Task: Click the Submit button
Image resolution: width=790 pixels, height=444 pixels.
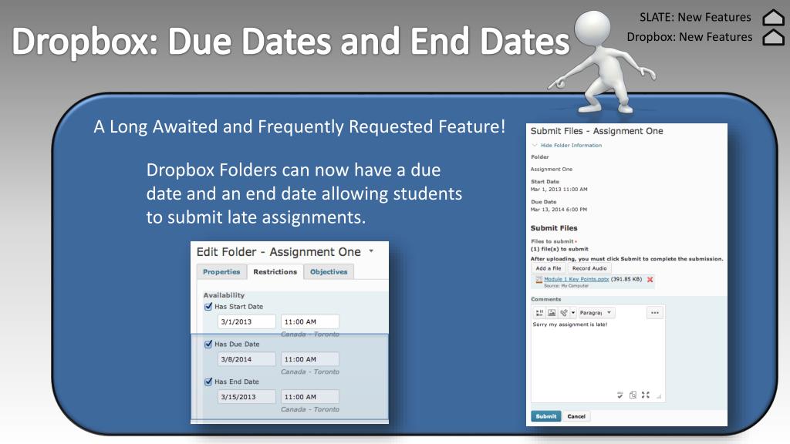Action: coord(545,416)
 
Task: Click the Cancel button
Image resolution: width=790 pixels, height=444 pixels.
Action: coord(576,416)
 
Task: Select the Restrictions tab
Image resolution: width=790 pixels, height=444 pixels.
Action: coord(275,271)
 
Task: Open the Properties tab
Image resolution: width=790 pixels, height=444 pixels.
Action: coord(221,271)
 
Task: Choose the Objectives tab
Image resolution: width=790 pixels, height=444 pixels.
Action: coord(329,271)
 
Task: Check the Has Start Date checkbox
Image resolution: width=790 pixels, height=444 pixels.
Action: coord(208,306)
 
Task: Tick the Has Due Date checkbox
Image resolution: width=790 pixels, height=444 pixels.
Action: coord(208,344)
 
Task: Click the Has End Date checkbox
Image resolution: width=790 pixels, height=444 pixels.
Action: coord(208,382)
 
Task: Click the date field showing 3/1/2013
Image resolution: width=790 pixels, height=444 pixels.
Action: coord(246,321)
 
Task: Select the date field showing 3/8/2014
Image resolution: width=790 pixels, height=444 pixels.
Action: coord(246,359)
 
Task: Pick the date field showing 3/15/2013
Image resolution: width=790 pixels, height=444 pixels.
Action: coord(246,397)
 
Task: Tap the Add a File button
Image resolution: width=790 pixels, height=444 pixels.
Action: coord(548,268)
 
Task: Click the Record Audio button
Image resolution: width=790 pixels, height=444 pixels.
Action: coord(589,268)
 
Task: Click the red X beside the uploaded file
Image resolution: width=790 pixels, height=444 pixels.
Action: coord(650,280)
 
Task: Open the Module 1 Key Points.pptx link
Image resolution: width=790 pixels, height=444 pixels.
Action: coord(576,279)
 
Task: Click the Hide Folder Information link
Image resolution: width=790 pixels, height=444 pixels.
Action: coord(570,145)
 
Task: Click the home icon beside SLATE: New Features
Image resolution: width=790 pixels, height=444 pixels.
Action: coord(772,17)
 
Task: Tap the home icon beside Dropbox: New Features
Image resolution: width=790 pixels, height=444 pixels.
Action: coord(772,37)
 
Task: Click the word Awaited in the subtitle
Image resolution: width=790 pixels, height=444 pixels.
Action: coord(185,126)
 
